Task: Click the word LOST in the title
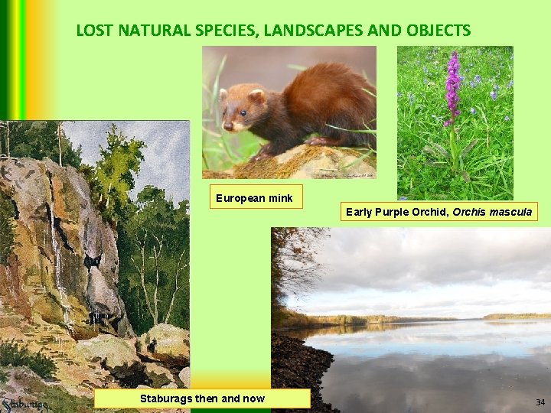click(93, 31)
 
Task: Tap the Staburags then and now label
click(202, 398)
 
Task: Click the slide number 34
click(540, 402)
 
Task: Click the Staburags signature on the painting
click(24, 404)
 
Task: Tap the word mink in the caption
click(279, 198)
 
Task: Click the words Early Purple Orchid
click(397, 211)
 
